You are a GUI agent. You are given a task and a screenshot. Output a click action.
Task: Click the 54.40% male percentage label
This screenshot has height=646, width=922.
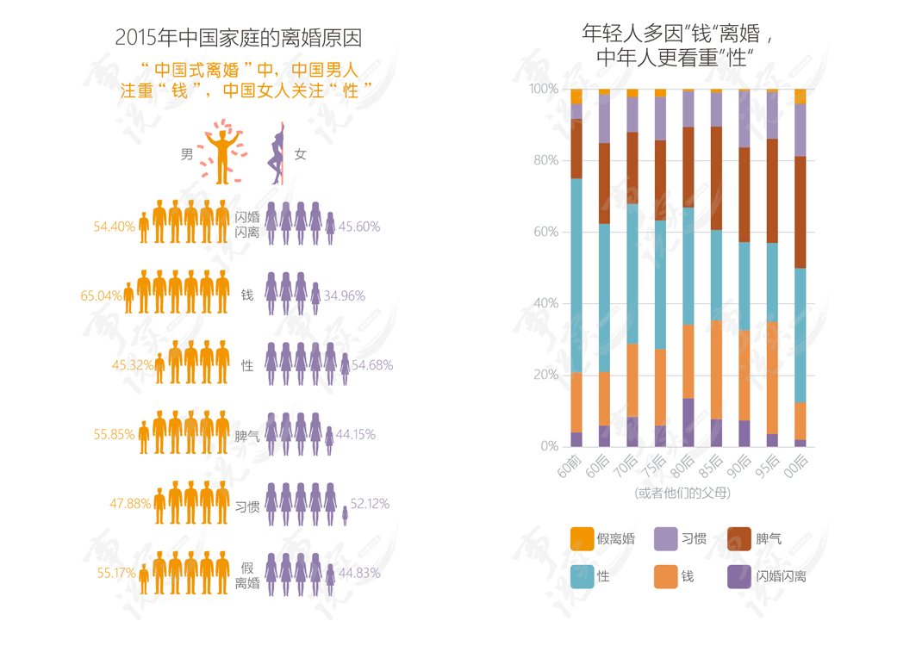point(114,227)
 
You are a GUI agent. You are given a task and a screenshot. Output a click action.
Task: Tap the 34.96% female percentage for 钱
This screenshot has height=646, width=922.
point(344,295)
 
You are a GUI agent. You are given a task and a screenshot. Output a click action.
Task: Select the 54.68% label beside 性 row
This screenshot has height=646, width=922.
point(372,365)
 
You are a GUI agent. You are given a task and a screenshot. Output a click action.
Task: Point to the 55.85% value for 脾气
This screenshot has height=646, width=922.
point(114,434)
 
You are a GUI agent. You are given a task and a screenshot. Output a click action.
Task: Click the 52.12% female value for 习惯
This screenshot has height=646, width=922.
point(370,504)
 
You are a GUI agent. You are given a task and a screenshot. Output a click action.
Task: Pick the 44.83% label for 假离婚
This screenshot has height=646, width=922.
point(359,573)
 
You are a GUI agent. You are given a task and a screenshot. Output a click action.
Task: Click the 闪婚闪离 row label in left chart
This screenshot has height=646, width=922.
point(247,225)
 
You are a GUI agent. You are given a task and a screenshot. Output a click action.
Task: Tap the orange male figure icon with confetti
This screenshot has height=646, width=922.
point(222,152)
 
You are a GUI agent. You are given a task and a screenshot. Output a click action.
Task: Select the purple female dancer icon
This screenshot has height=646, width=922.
point(277,154)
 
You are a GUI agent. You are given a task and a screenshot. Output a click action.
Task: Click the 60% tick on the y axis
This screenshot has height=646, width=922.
point(545,232)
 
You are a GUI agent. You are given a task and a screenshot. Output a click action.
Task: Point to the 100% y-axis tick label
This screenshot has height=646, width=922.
point(544,89)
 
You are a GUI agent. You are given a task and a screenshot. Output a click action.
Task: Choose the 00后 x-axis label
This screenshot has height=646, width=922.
point(796,465)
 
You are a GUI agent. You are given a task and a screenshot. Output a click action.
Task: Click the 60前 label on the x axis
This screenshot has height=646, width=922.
point(570,465)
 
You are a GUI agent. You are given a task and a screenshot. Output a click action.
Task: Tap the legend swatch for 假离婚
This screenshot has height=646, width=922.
point(582,539)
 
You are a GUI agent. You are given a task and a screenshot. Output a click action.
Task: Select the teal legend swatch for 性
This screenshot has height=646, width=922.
point(582,576)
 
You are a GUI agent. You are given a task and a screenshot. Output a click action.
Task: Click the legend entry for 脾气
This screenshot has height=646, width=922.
point(755,539)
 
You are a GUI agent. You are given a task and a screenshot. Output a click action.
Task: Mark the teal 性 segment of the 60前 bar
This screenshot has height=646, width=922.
point(576,276)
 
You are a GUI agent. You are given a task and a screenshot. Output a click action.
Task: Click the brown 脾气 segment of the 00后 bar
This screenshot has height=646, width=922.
point(801,212)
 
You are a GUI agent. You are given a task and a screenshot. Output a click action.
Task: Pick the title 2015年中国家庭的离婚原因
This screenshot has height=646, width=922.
point(238,38)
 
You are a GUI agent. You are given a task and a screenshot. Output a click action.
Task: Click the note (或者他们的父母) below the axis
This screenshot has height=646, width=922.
point(682,494)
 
